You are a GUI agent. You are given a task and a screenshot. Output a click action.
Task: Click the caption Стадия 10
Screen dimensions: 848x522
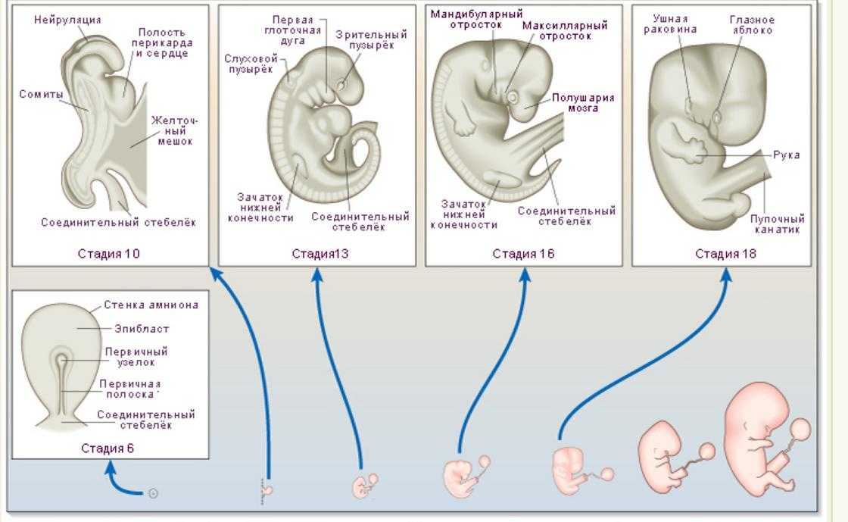coord(108,254)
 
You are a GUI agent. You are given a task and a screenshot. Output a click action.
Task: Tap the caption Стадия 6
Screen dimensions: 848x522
coord(107,449)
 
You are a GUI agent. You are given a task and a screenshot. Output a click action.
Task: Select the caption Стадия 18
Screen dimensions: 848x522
coord(725,254)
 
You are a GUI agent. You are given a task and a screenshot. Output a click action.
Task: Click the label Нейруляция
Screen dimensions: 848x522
coord(67,20)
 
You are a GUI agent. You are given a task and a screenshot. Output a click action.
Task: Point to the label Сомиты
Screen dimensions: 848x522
coord(41,94)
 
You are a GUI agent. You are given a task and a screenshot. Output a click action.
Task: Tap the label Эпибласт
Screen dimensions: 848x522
coord(142,328)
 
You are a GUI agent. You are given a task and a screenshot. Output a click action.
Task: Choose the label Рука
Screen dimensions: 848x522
coord(787,155)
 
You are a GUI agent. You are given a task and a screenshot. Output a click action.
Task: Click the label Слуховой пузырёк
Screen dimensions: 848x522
coord(251,64)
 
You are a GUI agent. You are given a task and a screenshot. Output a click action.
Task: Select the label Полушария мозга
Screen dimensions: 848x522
coord(583,103)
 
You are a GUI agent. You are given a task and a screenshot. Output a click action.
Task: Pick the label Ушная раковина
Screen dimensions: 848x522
coord(670,24)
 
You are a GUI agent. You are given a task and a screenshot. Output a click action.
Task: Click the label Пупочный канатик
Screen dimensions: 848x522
coord(777,224)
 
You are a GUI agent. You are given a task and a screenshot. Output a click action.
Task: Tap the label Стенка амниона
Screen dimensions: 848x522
coord(151,305)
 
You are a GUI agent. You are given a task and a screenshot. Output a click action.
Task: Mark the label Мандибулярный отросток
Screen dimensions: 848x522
coord(476,19)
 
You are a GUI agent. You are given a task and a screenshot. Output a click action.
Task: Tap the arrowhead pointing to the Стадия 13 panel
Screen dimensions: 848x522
coord(317,274)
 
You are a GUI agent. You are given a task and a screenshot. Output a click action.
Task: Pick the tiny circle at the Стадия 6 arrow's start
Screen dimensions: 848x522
coord(153,492)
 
